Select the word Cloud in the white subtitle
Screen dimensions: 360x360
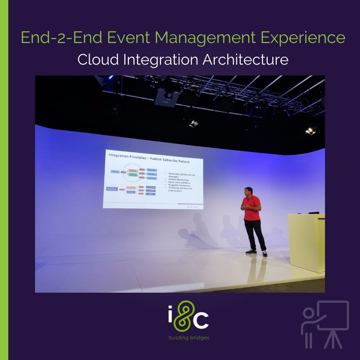[x=98, y=60]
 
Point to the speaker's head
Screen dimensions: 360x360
[x=248, y=191]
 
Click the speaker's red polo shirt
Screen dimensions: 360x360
[x=252, y=208]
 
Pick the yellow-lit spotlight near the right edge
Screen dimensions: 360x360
[x=311, y=130]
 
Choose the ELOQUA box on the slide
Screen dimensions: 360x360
[x=151, y=187]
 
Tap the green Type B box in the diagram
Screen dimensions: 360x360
[x=133, y=174]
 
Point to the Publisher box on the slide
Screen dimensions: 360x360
[x=115, y=172]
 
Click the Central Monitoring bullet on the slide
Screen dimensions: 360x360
[x=179, y=180]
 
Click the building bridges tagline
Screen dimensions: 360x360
[x=189, y=338]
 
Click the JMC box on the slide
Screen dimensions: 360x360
[x=151, y=194]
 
